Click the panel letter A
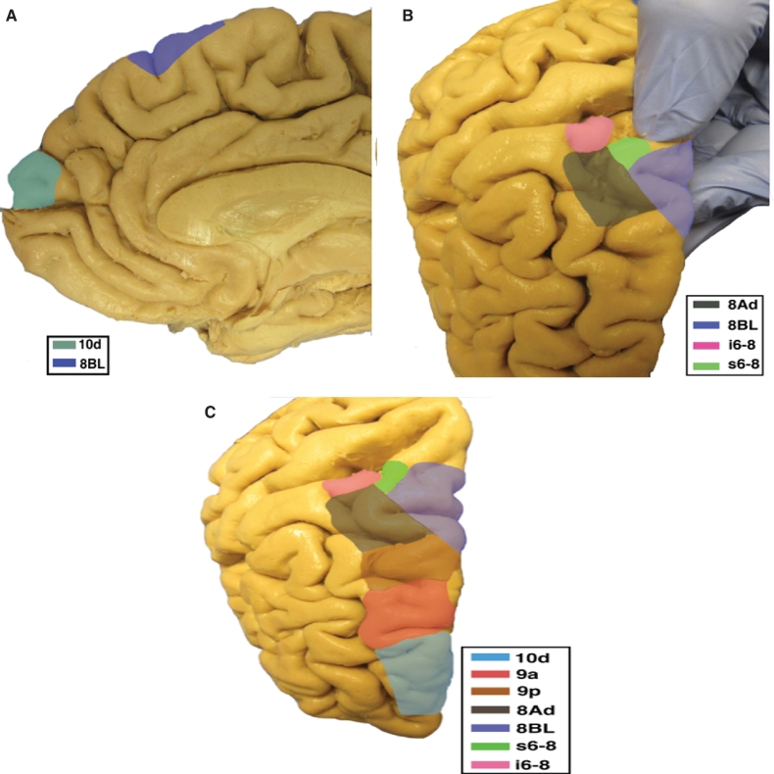(x=11, y=16)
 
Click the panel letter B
(x=408, y=16)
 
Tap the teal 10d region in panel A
(x=33, y=178)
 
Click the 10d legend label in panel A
(x=92, y=344)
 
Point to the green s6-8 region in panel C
(x=395, y=475)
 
